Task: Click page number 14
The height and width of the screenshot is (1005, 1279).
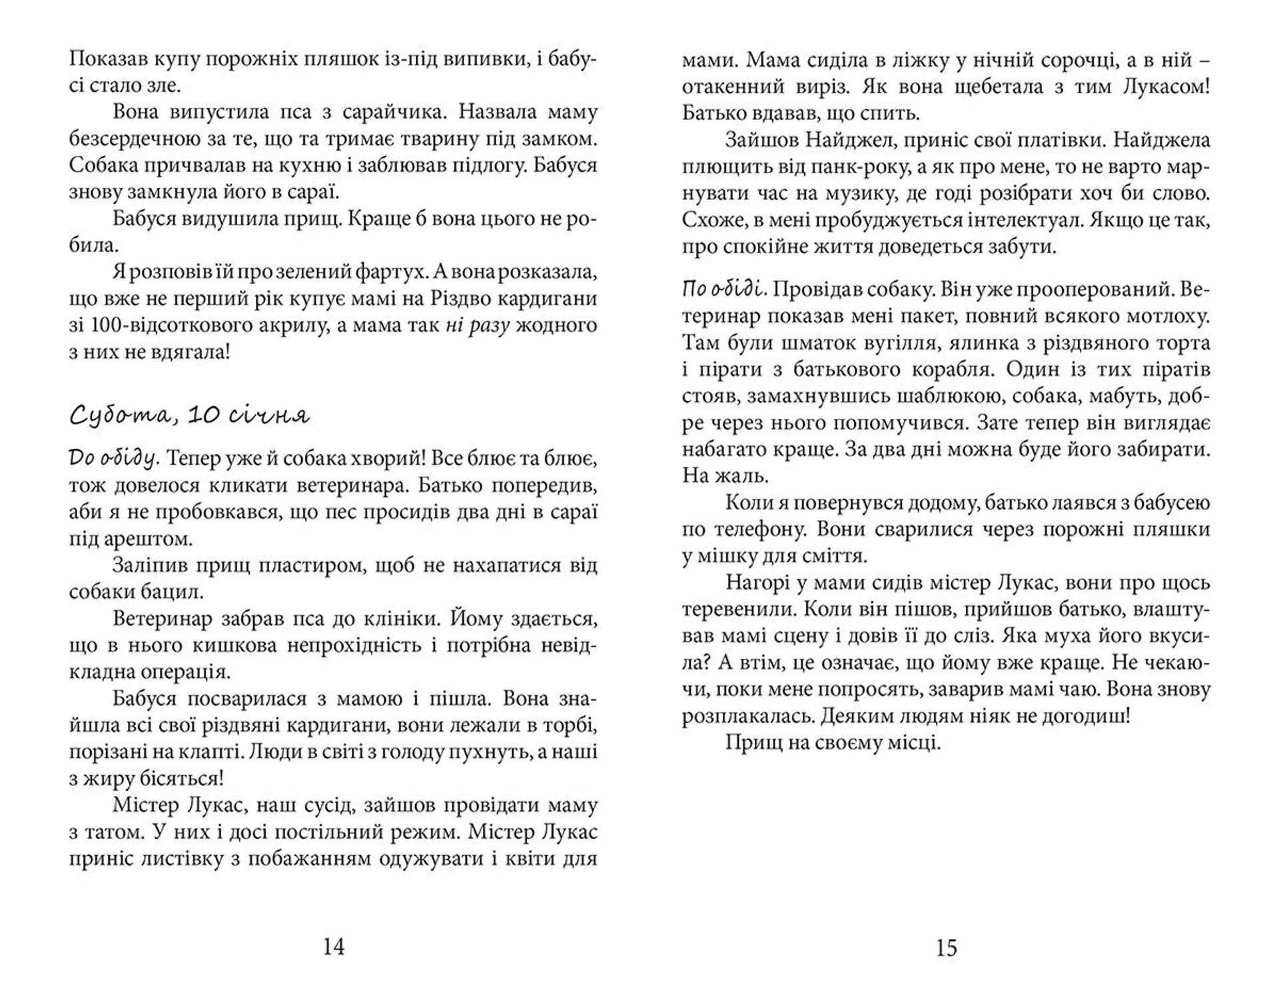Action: coord(333,946)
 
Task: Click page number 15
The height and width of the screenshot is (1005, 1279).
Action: coord(946,947)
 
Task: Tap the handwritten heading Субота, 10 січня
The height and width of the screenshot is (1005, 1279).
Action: coord(190,416)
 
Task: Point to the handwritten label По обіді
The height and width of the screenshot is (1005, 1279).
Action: coord(725,289)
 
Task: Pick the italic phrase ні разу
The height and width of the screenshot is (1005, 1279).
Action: coord(477,325)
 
